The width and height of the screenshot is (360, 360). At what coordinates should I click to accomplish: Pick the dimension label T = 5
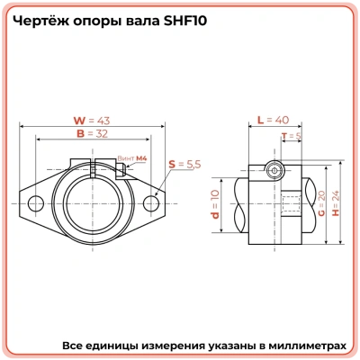291,136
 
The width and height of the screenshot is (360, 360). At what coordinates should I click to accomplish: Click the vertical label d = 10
214,203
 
